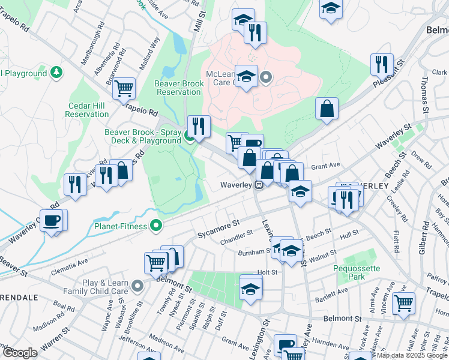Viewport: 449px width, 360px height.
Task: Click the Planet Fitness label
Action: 121,227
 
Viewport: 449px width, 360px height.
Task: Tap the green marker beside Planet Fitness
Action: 157,226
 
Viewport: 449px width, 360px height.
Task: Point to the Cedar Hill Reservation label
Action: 87,110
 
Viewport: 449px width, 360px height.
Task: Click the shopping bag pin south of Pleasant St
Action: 327,109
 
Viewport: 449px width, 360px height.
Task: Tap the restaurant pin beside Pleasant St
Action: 381,65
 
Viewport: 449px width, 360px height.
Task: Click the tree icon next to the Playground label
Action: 56,73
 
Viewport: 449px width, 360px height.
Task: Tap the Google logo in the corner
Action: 20,353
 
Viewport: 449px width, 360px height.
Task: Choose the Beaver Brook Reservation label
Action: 177,88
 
